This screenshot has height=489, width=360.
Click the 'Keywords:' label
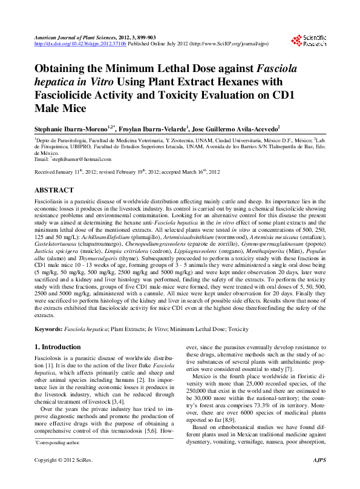tap(48, 329)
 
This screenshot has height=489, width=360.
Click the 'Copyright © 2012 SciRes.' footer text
tap(62, 478)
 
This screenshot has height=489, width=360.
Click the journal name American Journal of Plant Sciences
tap(76, 38)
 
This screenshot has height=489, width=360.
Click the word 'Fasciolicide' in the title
tap(72, 96)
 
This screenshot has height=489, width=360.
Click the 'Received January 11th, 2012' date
tap(67, 172)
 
